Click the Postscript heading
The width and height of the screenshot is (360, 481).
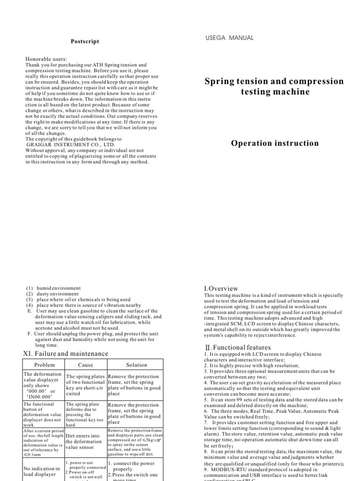pos(85,41)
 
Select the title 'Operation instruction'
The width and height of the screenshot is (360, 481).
pos(275,143)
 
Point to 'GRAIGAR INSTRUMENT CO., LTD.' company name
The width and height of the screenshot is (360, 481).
pos(71,145)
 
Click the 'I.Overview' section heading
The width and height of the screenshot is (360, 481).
pos(221,288)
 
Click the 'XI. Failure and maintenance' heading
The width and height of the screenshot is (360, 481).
pos(66,353)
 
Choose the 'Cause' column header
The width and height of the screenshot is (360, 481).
pos(85,365)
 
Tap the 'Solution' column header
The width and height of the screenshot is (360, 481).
pos(136,365)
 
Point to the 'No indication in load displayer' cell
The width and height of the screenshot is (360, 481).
pos(42,472)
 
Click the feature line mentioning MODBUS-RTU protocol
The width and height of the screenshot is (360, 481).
pos(273,471)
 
